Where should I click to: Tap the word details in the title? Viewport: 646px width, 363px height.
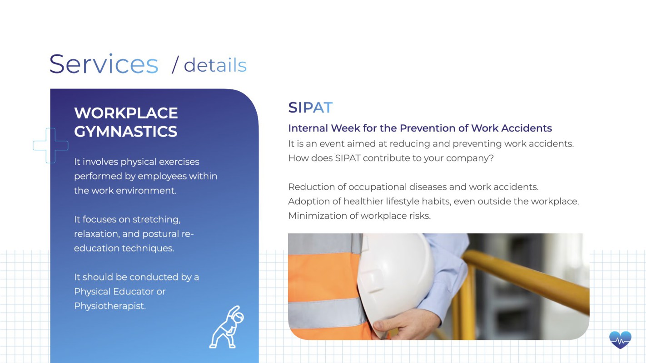point(215,65)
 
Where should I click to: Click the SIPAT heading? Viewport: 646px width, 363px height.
point(310,108)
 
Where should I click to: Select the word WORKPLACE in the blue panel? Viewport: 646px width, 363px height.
point(126,113)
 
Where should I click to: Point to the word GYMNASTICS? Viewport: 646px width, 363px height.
point(125,132)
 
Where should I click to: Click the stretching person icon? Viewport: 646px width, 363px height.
point(227,327)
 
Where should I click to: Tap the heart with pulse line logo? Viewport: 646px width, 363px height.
point(621,340)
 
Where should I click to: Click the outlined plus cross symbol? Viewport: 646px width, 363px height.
point(50,146)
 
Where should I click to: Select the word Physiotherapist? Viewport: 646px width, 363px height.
point(110,306)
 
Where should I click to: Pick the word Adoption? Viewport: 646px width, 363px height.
point(308,201)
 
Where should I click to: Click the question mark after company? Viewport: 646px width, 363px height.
point(491,158)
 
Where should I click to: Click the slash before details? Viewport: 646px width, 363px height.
point(175,65)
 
